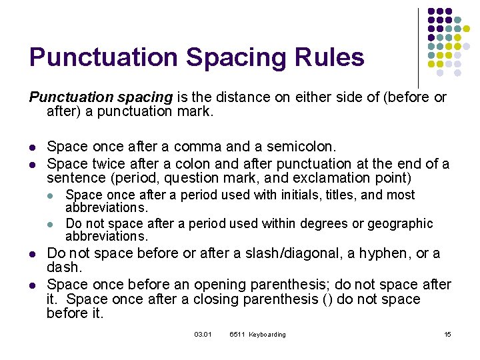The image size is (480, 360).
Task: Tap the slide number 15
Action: [x=447, y=334]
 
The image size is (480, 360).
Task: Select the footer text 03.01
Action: [x=203, y=334]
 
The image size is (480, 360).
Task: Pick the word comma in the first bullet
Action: [x=200, y=146]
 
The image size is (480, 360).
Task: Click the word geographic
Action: [x=398, y=224]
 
